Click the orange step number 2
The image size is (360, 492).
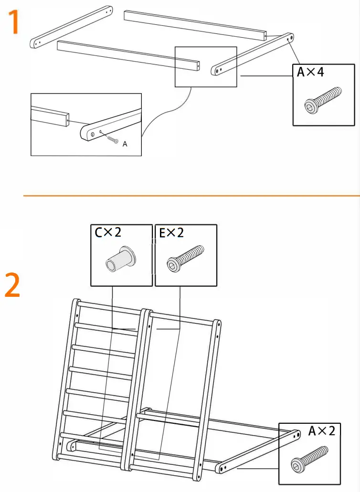coord(12,285)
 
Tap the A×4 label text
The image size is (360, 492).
coord(310,72)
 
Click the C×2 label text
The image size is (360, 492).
coord(108,232)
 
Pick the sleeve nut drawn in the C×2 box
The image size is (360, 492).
coord(120,260)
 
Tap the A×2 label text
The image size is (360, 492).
coord(322,431)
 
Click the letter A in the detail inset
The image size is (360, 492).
coord(125,144)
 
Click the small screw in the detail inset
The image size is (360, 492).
coord(113,140)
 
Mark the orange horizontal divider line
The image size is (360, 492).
coord(191,196)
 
